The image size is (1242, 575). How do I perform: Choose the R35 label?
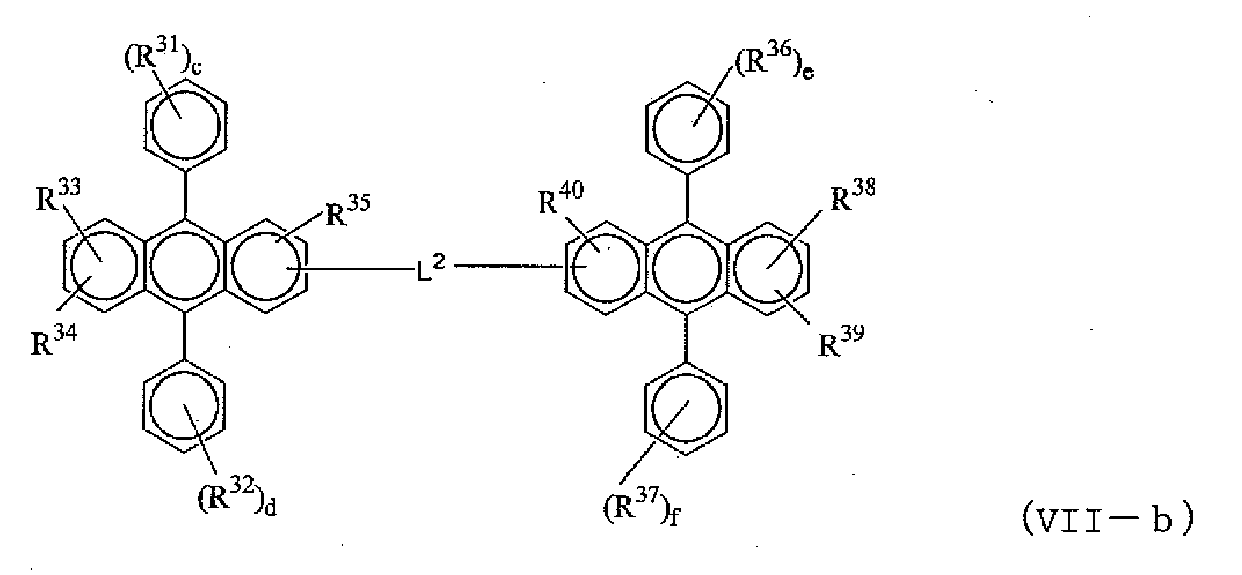pyautogui.click(x=348, y=213)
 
